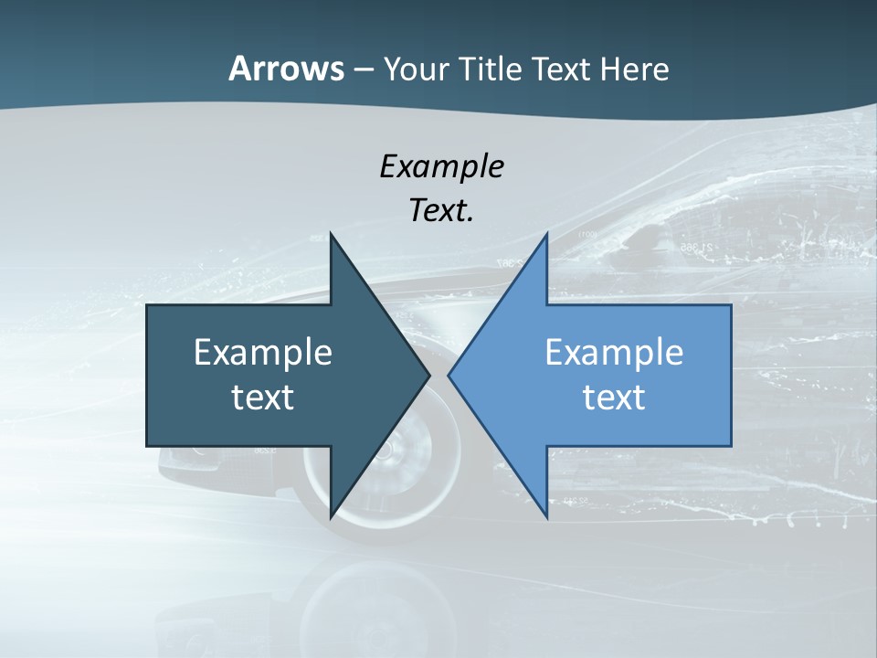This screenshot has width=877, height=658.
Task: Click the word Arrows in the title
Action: pyautogui.click(x=286, y=69)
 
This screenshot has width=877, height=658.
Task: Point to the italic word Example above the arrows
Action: pyautogui.click(x=441, y=167)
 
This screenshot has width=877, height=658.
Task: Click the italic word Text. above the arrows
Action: pyautogui.click(x=441, y=211)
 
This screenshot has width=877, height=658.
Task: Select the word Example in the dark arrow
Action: pyautogui.click(x=263, y=353)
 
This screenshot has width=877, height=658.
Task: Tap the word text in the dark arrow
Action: pyautogui.click(x=263, y=398)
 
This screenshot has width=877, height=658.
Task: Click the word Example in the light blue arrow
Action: pyautogui.click(x=614, y=353)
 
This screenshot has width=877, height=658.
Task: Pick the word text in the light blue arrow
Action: pyautogui.click(x=614, y=398)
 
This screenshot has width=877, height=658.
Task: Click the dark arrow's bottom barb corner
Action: pyautogui.click(x=331, y=516)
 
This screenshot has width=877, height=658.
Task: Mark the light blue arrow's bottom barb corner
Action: pyautogui.click(x=546, y=516)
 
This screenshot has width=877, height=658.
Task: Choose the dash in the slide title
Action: pyautogui.click(x=363, y=69)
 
